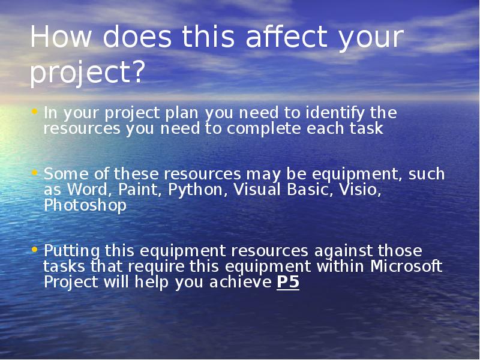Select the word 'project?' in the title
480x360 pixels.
pyautogui.click(x=86, y=73)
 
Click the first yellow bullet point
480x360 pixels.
pyautogui.click(x=34, y=111)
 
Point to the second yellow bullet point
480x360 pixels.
pyautogui.click(x=34, y=173)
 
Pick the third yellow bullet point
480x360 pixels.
pyautogui.click(x=34, y=250)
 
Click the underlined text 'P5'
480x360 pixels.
pyautogui.click(x=288, y=282)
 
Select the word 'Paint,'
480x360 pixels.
pyautogui.click(x=140, y=190)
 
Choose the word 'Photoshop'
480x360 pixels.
pyautogui.click(x=85, y=205)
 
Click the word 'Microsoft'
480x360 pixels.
pyautogui.click(x=406, y=266)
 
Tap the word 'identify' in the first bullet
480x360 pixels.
pyautogui.click(x=335, y=113)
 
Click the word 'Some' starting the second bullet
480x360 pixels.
pyautogui.click(x=66, y=174)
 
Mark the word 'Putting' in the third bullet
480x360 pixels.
pyautogui.click(x=71, y=251)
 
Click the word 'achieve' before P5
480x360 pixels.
pyautogui.click(x=241, y=282)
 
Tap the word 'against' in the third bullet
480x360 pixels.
pyautogui.click(x=343, y=251)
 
